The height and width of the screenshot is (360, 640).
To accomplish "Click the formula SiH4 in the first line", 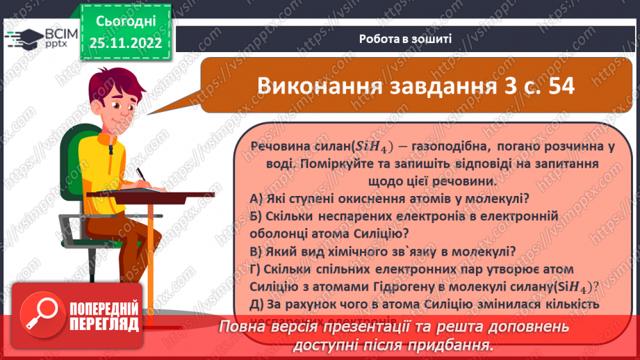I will point(374,147).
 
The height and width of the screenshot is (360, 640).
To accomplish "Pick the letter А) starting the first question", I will point(256,198).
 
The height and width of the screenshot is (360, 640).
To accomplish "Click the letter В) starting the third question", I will point(256,251).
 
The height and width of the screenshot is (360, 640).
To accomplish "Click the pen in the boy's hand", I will point(142,174).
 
